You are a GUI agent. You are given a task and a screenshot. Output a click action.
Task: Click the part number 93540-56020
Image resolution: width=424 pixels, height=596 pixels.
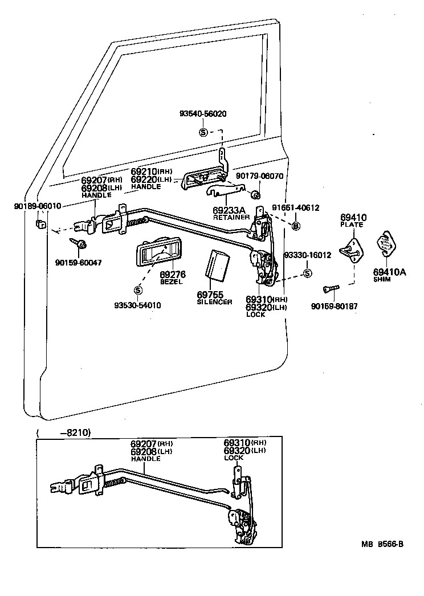pyautogui.click(x=203, y=113)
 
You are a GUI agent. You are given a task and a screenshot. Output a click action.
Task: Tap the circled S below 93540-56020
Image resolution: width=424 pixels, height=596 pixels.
pyautogui.click(x=203, y=132)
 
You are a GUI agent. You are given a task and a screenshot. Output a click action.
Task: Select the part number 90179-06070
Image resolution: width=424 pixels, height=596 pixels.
pyautogui.click(x=259, y=177)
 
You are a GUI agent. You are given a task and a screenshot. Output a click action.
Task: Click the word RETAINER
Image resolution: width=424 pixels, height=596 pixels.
pyautogui.click(x=231, y=218)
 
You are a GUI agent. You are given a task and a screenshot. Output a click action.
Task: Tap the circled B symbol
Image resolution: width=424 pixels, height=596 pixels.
pyautogui.click(x=296, y=226)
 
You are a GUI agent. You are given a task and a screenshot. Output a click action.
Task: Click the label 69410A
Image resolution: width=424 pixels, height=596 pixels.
pyautogui.click(x=389, y=272)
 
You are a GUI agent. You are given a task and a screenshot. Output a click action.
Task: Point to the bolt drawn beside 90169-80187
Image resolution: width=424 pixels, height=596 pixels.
pyautogui.click(x=329, y=289)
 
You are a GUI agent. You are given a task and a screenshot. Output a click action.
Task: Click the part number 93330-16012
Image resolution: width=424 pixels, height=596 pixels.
pyautogui.click(x=307, y=255)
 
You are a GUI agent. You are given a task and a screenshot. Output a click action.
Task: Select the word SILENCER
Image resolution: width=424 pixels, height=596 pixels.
pyautogui.click(x=214, y=302)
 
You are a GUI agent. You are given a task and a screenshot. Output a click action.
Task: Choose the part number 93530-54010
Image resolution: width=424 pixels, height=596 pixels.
pyautogui.click(x=137, y=305)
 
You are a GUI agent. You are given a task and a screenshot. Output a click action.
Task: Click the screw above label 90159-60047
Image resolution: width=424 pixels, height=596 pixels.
pyautogui.click(x=78, y=243)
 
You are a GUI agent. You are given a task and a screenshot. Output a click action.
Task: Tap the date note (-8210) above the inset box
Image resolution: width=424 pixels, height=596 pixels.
pyautogui.click(x=63, y=432)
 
